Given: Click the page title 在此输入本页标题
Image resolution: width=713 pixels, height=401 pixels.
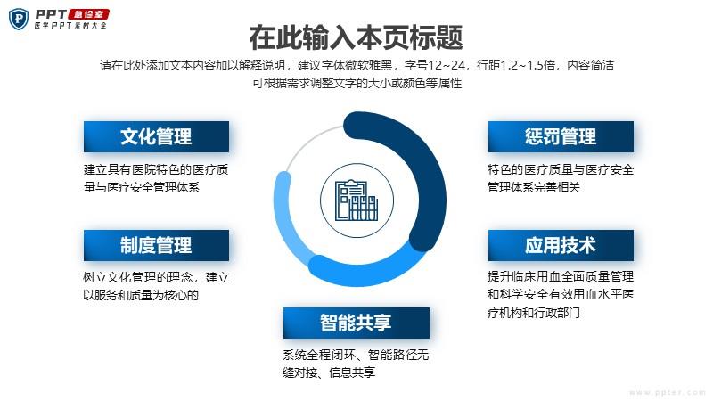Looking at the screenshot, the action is click(x=356, y=37).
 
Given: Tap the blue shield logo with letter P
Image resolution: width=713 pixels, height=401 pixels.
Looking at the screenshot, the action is click(x=19, y=19).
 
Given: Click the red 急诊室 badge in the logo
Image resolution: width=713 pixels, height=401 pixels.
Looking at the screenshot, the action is click(x=89, y=14).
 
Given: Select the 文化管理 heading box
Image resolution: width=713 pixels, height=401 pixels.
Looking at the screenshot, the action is click(x=156, y=136).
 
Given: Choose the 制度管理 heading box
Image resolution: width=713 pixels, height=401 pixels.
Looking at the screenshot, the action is click(x=156, y=246).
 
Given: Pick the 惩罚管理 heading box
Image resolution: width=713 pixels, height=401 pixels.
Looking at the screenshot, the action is click(x=561, y=136).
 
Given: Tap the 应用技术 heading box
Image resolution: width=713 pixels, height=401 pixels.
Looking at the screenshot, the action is click(x=561, y=246).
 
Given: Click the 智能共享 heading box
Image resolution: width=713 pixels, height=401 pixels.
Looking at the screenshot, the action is click(x=356, y=323).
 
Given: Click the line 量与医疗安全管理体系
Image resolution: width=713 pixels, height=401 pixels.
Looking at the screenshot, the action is click(x=142, y=187).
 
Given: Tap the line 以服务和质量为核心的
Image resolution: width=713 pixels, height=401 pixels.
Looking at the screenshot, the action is click(x=141, y=296).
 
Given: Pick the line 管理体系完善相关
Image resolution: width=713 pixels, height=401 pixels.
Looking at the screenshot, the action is click(x=534, y=187).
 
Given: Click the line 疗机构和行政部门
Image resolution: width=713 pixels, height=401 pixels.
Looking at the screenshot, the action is click(x=533, y=313).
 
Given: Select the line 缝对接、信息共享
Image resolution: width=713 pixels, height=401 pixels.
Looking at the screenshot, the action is click(x=329, y=372).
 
